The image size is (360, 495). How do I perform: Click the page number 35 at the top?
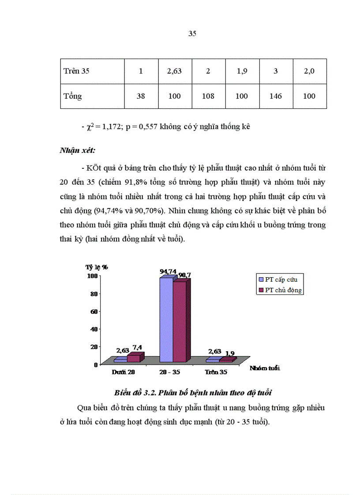point(192,33)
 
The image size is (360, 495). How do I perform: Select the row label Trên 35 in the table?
point(76,71)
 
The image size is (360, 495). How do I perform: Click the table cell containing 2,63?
point(174,71)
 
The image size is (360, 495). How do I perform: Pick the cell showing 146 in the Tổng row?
point(275,96)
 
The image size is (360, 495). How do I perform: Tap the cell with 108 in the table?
point(208,96)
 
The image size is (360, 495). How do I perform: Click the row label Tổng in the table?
point(73,96)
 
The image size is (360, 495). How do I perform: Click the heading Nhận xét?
point(77,150)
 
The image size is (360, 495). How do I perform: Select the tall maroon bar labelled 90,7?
point(179,322)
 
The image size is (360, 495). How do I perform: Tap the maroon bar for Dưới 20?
point(133,358)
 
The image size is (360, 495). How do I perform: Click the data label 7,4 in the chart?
point(137,348)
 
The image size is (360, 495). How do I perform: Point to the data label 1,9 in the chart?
point(230,354)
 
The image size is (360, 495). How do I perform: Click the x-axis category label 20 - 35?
point(170,372)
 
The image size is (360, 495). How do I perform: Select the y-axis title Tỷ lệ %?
point(97,267)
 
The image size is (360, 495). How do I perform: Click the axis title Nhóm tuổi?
point(265,368)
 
